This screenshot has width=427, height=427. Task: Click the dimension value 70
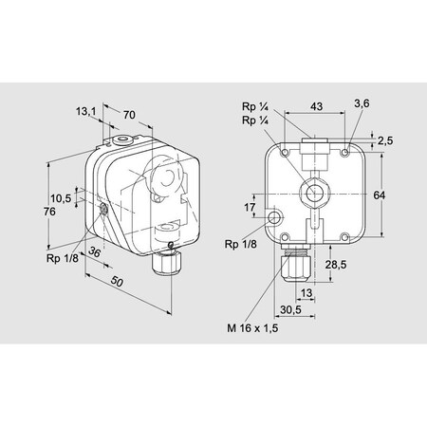(x=129, y=115)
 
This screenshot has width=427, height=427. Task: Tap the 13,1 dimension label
(x=85, y=111)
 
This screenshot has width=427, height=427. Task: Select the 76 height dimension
(x=49, y=212)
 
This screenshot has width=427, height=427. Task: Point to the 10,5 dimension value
(x=61, y=198)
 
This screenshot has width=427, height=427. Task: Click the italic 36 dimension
(x=94, y=251)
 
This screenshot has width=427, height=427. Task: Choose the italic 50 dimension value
(x=117, y=281)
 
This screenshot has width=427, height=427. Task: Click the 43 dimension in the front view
(x=316, y=106)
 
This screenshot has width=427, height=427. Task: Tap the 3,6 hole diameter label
(x=362, y=103)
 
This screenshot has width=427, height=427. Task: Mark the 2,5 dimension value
(x=385, y=140)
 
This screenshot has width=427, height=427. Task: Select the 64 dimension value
(x=380, y=195)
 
